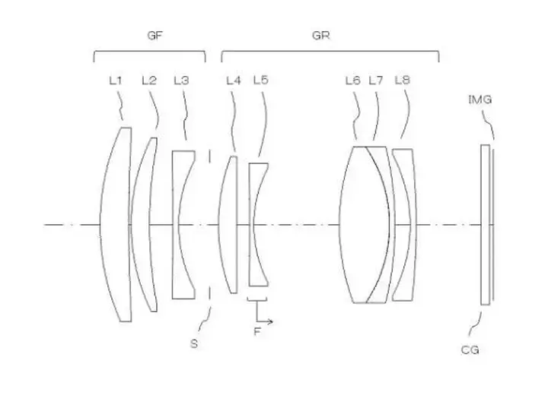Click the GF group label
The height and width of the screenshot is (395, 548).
click(x=155, y=35)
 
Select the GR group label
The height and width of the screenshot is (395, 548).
click(x=320, y=35)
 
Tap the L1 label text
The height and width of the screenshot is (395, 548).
click(x=116, y=81)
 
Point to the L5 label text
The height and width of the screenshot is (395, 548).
click(x=261, y=80)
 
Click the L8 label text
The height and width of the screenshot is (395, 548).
click(x=403, y=81)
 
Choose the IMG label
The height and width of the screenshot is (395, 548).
click(x=479, y=100)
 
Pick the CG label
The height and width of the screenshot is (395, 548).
click(x=470, y=349)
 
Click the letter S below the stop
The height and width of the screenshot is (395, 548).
click(x=194, y=343)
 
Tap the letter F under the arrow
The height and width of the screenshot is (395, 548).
click(x=257, y=331)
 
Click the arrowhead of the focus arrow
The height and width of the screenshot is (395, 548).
click(x=270, y=321)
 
